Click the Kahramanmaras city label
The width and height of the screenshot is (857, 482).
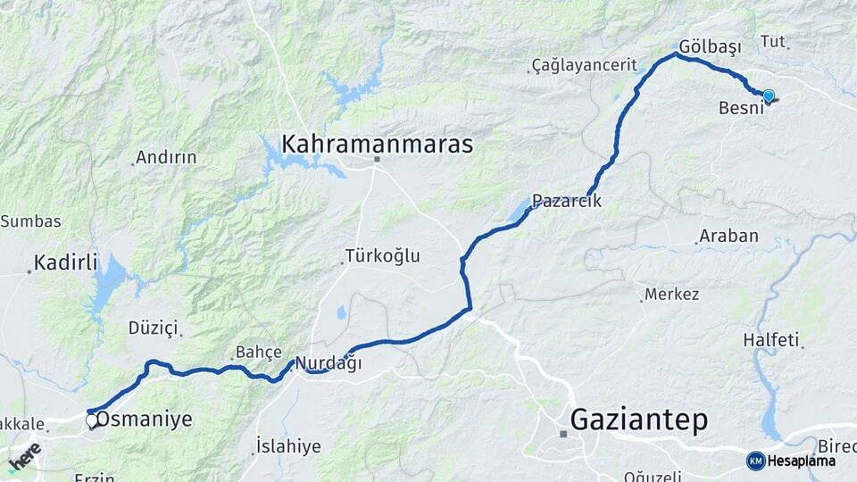tap(377, 144)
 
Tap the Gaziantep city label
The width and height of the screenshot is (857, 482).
tap(638, 419)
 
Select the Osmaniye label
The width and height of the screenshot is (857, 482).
tap(144, 420)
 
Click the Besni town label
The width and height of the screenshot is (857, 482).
tap(741, 108)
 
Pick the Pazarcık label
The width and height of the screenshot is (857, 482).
tap(567, 202)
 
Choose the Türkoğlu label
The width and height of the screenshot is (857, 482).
tap(385, 256)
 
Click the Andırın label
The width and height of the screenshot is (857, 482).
tap(166, 158)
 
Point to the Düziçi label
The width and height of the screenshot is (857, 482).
tap(153, 328)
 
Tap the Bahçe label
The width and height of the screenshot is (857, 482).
tap(259, 352)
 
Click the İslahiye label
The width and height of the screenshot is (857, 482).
tap(287, 445)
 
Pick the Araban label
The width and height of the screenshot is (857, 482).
tap(729, 237)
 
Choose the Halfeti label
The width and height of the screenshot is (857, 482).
tap(770, 340)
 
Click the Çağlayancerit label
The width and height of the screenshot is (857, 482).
tap(584, 65)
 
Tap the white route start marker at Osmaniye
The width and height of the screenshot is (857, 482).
tap(91, 420)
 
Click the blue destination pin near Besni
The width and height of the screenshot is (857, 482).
tap(768, 96)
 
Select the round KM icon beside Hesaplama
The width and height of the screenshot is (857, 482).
tap(755, 461)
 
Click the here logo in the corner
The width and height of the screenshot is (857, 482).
tap(24, 458)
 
